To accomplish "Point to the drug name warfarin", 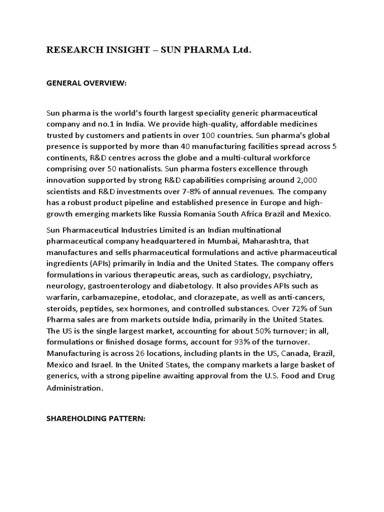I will pos(61,296).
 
